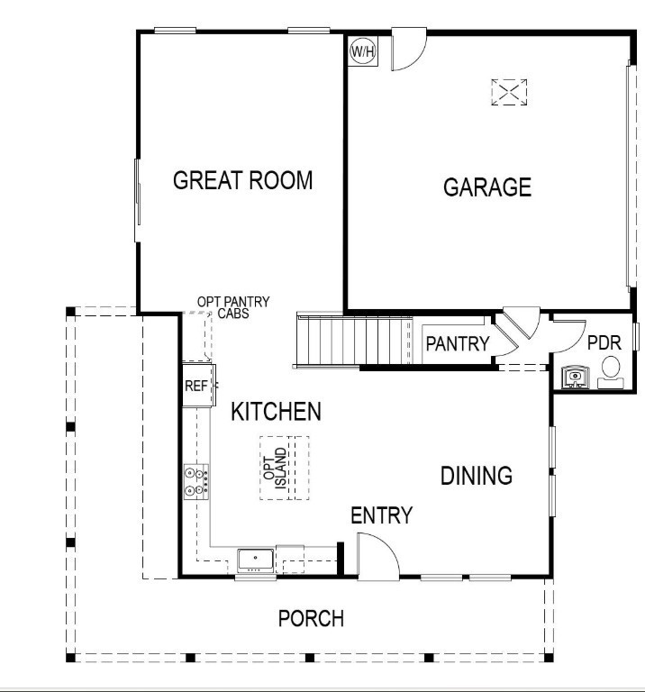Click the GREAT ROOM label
coord(242,180)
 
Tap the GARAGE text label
coord(487,187)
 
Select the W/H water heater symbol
coord(363,52)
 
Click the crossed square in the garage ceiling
coord(509,92)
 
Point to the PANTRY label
coord(457,343)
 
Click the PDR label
coord(604,343)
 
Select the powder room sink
coord(573,376)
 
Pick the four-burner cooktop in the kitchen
coord(196,481)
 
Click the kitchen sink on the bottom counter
coord(256,560)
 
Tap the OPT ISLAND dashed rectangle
coord(285,468)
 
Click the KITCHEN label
coord(276,413)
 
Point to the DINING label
coord(476,476)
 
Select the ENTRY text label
coord(381,515)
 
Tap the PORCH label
coord(311,619)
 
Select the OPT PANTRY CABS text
coord(233,307)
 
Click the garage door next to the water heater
coord(406,49)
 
